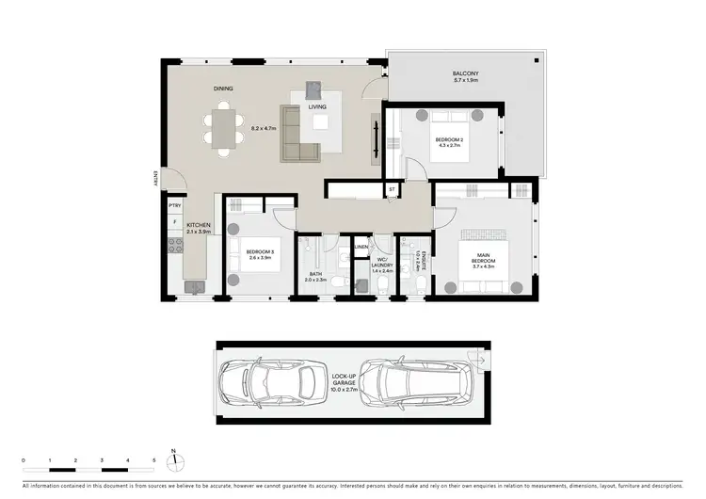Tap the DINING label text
[x=223, y=89]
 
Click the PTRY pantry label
[x=174, y=204]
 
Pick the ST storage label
[x=392, y=190]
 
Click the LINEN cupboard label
[x=361, y=248]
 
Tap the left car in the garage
[x=266, y=382]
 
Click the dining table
[x=223, y=129]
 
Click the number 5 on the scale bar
[x=153, y=460]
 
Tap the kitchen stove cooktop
[x=174, y=248]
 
